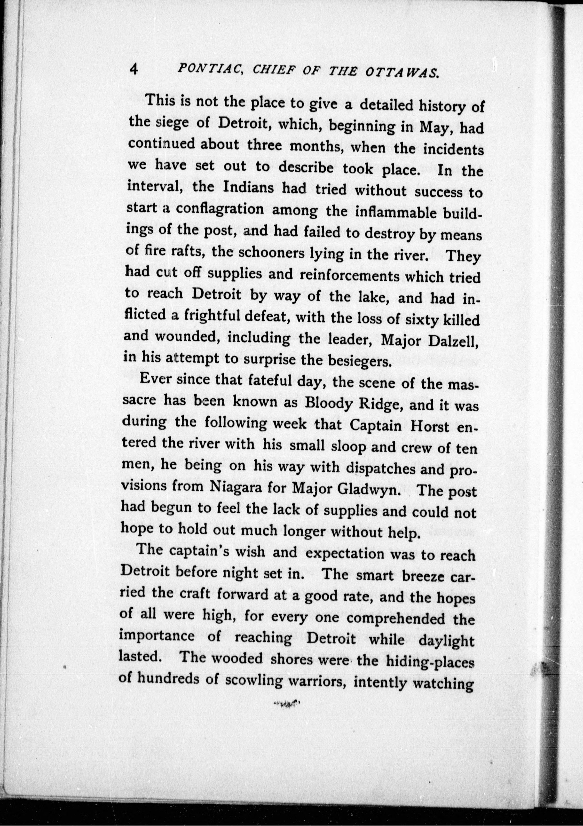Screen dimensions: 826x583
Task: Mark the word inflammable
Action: point(391,213)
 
